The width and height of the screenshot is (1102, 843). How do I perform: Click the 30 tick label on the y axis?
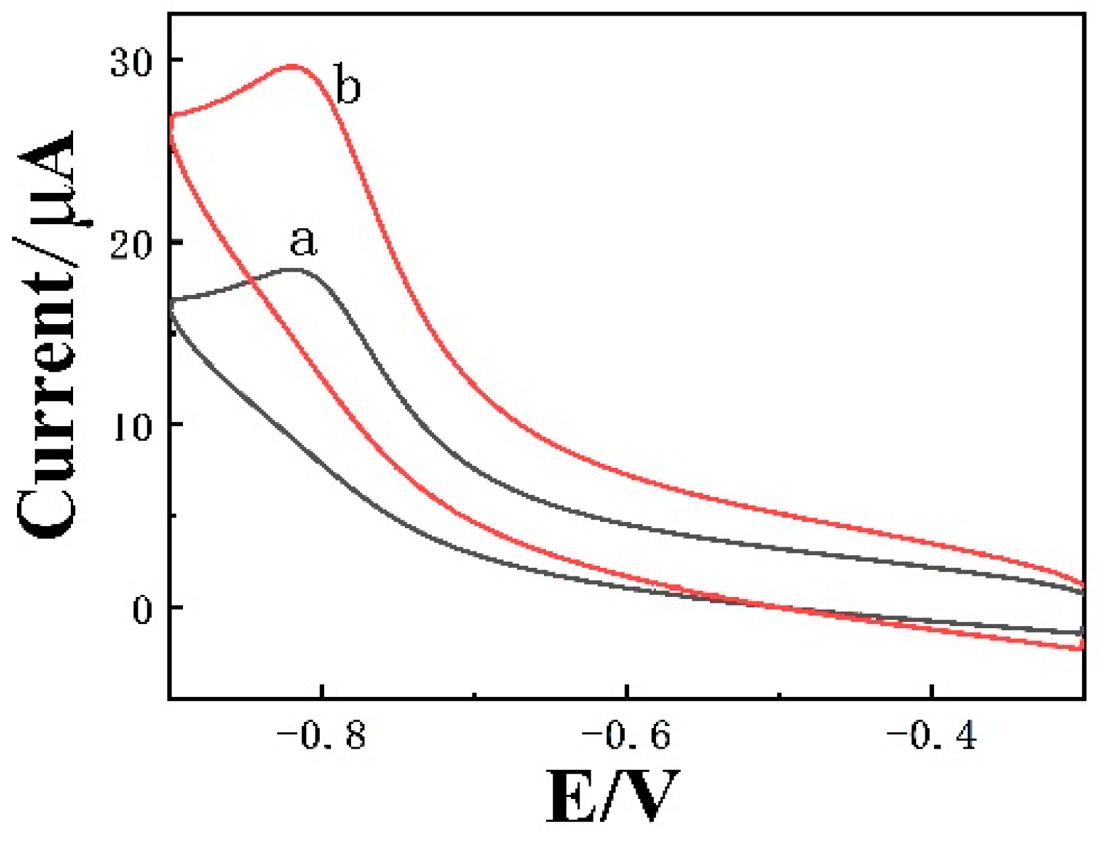coord(132,62)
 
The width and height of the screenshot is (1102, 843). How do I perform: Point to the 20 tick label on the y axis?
coord(132,243)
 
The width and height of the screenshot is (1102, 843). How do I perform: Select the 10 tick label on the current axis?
coord(132,426)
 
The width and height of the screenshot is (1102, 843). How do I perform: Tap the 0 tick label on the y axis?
coord(143,609)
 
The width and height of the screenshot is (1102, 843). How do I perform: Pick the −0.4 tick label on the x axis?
coord(930,736)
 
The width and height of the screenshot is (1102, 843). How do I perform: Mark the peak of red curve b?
coord(293,66)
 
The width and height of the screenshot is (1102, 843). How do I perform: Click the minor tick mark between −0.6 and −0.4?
coord(779,696)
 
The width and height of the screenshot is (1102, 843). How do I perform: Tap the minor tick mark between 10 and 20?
coord(174,333)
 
